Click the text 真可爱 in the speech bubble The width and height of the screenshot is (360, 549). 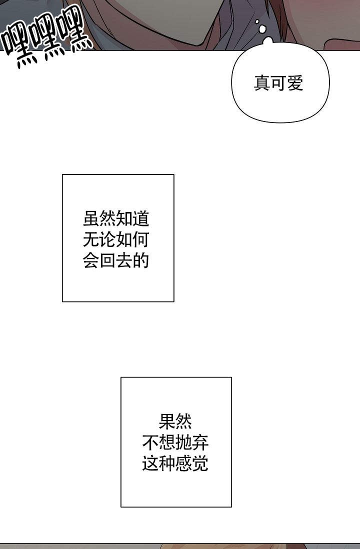[x=278, y=83]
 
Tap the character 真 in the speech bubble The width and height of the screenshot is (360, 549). [x=262, y=83]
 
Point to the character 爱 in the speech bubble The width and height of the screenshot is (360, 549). [x=295, y=83]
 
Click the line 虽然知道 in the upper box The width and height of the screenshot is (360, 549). [x=116, y=219]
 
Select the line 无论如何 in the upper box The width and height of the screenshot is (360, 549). [x=116, y=240]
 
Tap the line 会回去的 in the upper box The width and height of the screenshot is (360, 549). [x=116, y=261]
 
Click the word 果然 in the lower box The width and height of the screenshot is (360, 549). [x=175, y=422]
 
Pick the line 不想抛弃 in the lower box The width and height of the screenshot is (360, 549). [x=175, y=443]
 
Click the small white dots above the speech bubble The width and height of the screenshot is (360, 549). [x=260, y=26]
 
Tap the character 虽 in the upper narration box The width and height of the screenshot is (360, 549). [x=91, y=219]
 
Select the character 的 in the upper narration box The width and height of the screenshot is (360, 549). [x=141, y=261]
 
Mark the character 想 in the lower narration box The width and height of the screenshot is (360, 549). [x=167, y=443]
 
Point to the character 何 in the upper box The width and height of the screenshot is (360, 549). [x=141, y=240]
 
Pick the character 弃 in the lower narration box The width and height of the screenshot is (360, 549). [x=200, y=443]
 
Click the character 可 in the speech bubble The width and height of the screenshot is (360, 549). [x=278, y=83]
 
